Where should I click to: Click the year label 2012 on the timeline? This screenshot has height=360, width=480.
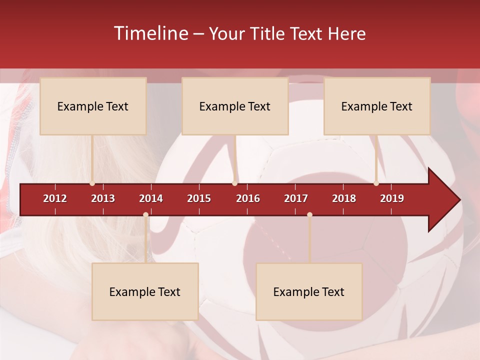[55, 198]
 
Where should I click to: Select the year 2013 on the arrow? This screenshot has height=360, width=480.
[103, 198]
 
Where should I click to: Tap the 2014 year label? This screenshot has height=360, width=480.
[151, 198]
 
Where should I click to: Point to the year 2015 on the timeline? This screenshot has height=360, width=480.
[199, 198]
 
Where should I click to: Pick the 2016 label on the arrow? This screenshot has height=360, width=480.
[248, 198]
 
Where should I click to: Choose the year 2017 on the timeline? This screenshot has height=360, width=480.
[296, 198]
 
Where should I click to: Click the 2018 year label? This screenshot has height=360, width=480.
[344, 198]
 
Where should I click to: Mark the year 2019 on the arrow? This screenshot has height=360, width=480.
[392, 198]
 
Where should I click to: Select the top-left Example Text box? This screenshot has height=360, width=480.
[93, 106]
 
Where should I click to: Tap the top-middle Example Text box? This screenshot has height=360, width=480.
[235, 106]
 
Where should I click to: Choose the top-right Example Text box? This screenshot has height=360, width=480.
[377, 106]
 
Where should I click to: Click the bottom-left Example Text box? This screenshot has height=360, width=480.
[145, 291]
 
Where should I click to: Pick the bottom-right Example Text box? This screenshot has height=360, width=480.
[309, 291]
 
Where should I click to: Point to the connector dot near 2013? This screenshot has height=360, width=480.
[92, 183]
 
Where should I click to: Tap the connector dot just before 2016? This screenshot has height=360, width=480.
[235, 183]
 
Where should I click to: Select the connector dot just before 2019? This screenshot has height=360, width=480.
[376, 183]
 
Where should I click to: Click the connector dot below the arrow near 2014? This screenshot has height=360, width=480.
[145, 215]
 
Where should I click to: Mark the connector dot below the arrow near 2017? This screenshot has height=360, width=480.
[309, 215]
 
